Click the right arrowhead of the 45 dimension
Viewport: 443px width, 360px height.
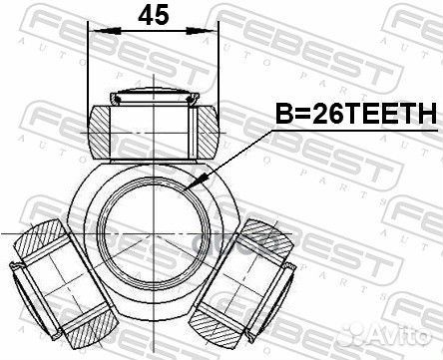[213, 32]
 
